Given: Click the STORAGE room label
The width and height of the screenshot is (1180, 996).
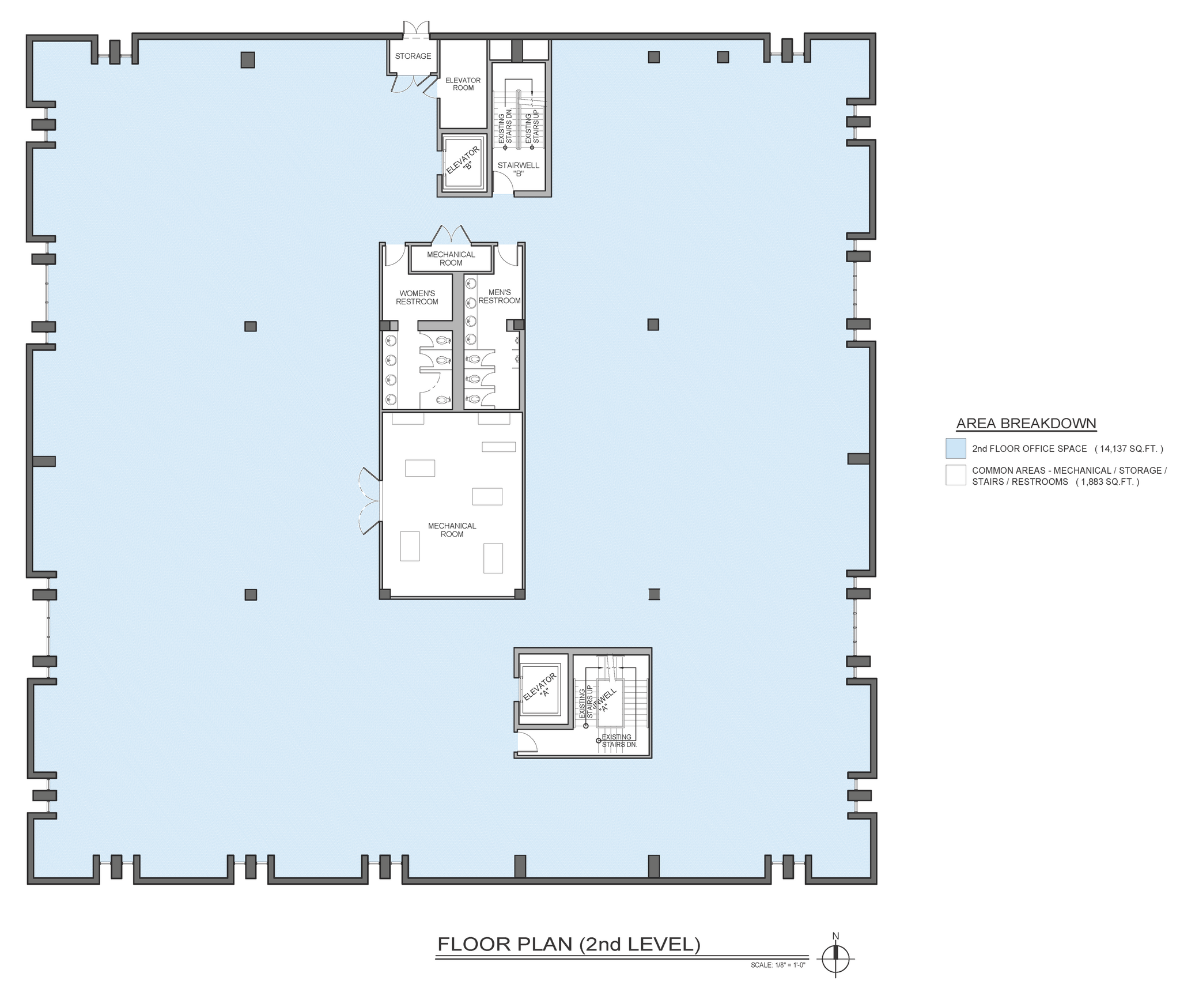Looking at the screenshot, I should click(x=413, y=56).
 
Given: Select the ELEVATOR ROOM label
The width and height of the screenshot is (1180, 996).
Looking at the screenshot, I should click(x=463, y=84).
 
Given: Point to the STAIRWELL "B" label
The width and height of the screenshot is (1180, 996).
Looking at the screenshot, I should click(x=518, y=169).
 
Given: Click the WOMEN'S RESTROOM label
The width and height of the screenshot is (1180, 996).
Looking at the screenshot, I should click(x=417, y=297).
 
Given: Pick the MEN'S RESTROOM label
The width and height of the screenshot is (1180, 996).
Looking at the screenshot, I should click(x=499, y=296).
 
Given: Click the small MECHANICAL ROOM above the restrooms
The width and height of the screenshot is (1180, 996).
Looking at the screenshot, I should click(x=451, y=258).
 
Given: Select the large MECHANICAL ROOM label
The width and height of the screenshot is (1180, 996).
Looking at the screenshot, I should click(x=452, y=530).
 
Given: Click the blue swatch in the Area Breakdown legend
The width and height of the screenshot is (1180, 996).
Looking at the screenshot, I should click(x=955, y=448).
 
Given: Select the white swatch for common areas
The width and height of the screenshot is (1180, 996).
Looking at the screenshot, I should click(x=955, y=475).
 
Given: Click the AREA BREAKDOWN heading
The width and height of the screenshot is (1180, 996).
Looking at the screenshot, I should click(x=1026, y=423).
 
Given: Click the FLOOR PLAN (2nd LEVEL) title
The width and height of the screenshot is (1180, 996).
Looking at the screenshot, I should click(x=568, y=944).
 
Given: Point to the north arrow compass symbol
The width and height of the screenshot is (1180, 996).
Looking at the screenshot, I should click(x=835, y=959).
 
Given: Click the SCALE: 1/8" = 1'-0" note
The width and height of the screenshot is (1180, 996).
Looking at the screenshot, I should click(x=777, y=965).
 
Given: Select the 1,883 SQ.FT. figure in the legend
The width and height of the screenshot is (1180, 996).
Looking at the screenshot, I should click(x=1107, y=482).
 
